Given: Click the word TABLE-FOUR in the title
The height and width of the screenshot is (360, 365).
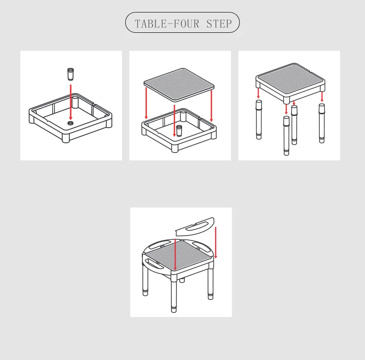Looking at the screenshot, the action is pos(167,24).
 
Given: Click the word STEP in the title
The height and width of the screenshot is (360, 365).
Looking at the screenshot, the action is pos(219,24).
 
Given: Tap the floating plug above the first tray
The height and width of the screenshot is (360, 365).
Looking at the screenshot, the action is pos(71,74).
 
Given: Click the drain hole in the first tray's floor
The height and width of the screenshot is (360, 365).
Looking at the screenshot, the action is pos(70,123).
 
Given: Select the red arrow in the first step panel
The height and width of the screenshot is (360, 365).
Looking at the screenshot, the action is pos(71,102).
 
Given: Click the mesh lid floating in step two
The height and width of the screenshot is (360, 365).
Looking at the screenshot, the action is pos(179,85).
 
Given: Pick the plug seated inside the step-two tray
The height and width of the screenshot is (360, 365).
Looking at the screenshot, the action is pos(179,130).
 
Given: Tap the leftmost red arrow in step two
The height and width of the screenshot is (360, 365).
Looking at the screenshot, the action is pos(146,103).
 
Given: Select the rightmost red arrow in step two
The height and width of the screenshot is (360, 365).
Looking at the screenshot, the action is pos(211,106).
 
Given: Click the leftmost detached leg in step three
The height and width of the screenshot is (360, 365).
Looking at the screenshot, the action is pos(259,119).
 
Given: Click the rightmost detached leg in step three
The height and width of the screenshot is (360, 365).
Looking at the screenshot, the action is pos(322,123).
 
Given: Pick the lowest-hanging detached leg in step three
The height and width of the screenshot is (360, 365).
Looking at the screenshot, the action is pos(286,135).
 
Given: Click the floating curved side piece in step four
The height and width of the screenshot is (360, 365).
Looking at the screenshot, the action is pos(195,226).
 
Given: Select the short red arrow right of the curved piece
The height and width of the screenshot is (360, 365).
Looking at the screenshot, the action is pos(216,243).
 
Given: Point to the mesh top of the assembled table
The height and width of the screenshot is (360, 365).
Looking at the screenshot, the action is pos(179,256).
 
